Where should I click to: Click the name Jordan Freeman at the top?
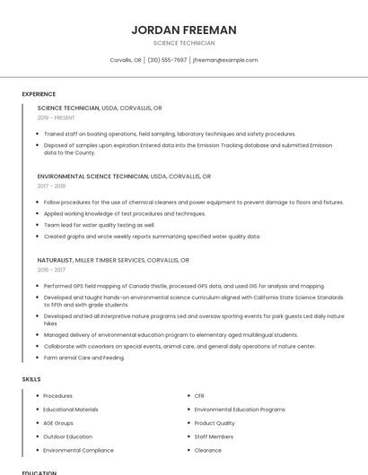tap(184, 30)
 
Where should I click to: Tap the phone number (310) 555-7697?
tap(167, 60)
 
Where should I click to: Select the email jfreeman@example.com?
tap(225, 60)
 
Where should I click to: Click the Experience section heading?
tap(39, 94)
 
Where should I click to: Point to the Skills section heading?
tap(31, 379)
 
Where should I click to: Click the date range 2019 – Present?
tap(57, 117)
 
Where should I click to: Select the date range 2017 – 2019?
tap(52, 186)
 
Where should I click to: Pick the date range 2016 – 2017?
tap(52, 270)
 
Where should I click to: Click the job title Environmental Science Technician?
tap(93, 177)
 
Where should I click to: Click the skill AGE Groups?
tap(58, 423)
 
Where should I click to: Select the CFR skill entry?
tap(199, 395)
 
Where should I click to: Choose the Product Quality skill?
tap(215, 423)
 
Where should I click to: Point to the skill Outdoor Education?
tap(68, 436)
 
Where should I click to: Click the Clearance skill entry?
tap(207, 450)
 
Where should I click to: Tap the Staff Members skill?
tap(214, 436)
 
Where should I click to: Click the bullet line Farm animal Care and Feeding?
tap(84, 358)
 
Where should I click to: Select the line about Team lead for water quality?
tap(99, 225)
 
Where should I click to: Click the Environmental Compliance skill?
tap(78, 450)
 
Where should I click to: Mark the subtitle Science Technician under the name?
tap(184, 43)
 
